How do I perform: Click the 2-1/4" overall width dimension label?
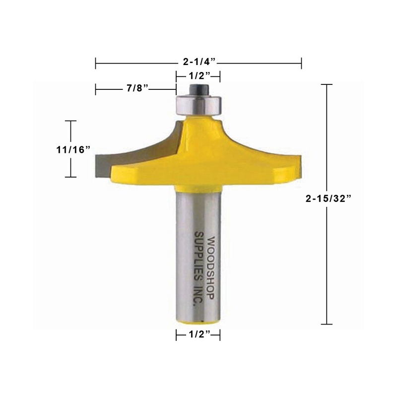click(x=198, y=63)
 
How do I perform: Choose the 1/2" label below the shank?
click(x=198, y=335)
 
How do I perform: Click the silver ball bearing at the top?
click(x=198, y=105)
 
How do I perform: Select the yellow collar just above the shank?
click(x=198, y=187)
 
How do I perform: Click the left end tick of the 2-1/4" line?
click(x=95, y=63)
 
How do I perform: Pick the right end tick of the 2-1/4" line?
click(x=301, y=63)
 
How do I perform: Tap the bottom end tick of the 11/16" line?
click(x=72, y=177)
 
